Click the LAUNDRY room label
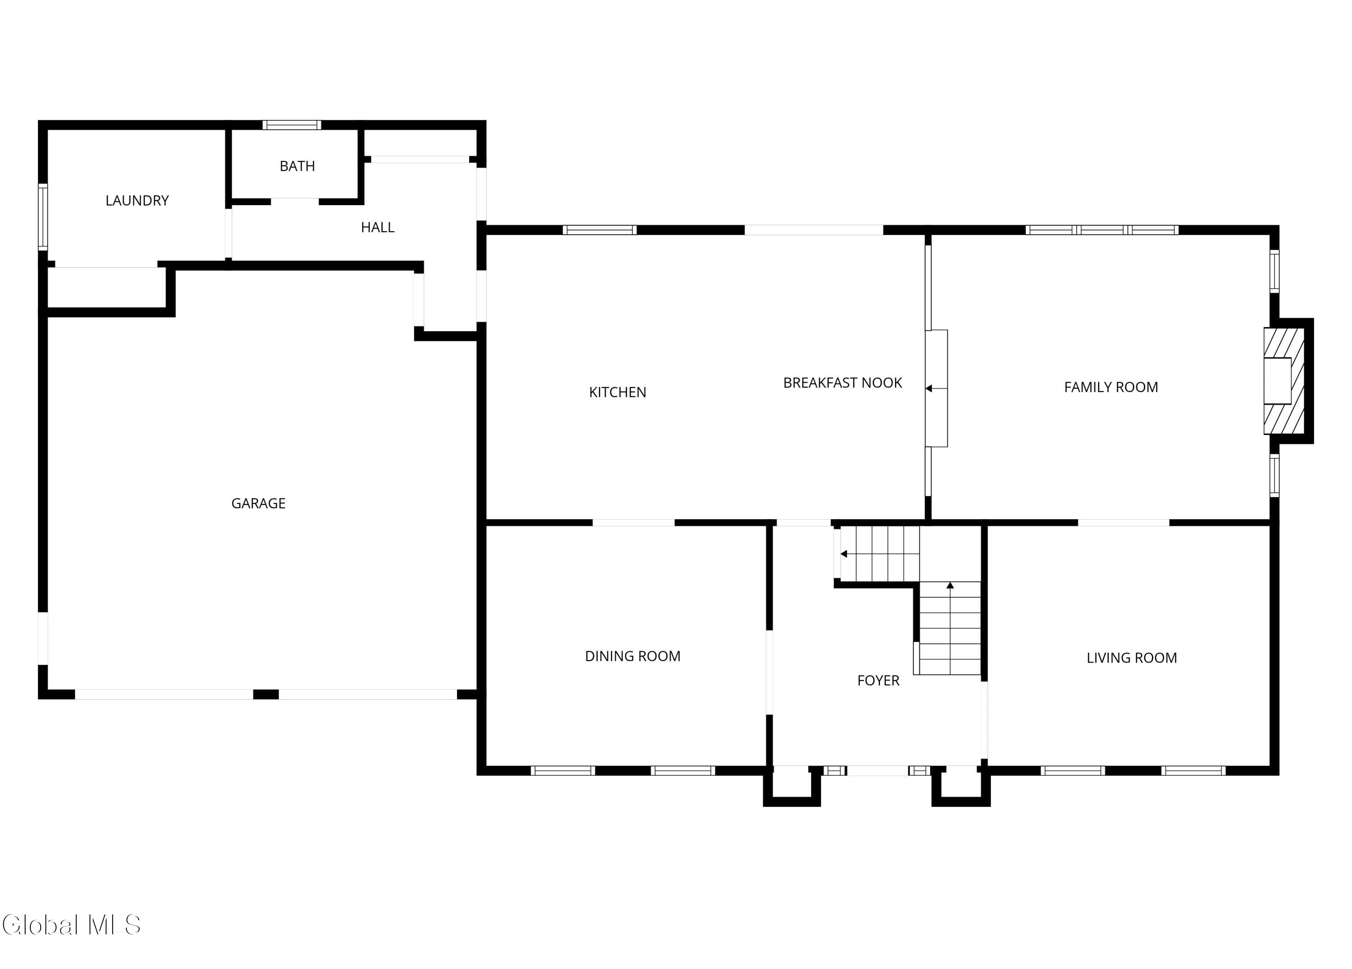[137, 201]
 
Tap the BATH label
[297, 166]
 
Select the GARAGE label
[258, 503]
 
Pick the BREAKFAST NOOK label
[842, 383]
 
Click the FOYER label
[878, 681]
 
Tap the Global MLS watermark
[72, 925]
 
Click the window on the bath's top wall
[292, 125]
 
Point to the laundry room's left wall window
[43, 216]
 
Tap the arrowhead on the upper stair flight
[844, 554]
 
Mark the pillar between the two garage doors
[266, 694]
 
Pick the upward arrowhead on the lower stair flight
[950, 585]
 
